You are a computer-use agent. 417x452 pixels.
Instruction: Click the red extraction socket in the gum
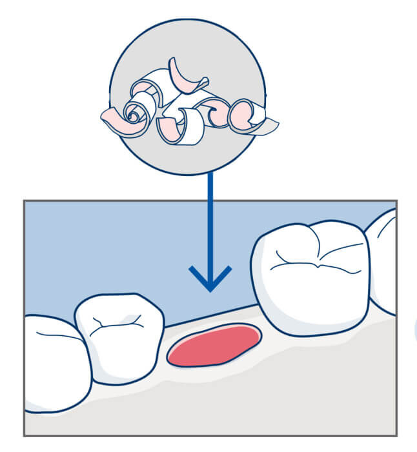pos(214,346)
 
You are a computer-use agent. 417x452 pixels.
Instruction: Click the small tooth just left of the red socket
pos(119,339)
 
